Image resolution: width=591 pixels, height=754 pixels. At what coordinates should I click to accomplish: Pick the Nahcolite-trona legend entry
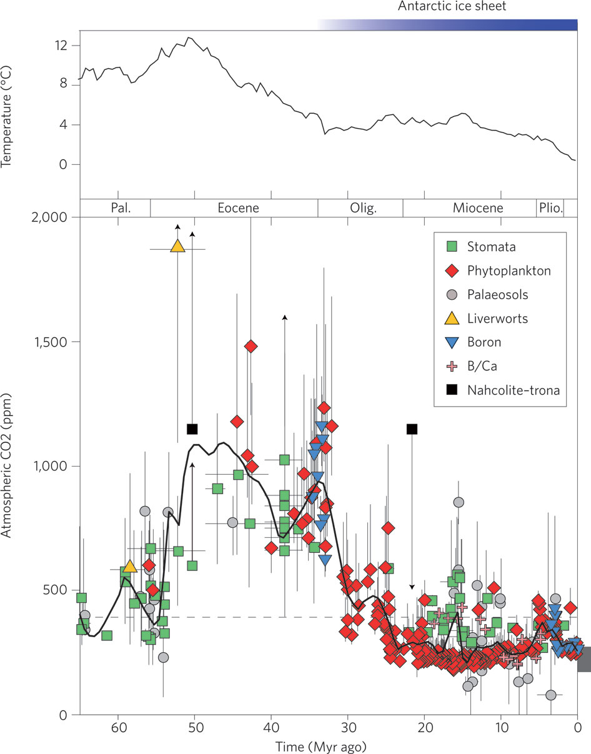(x=512, y=390)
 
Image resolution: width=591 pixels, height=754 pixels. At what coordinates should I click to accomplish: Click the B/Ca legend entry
(x=483, y=367)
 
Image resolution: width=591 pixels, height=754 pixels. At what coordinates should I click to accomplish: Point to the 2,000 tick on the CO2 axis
(x=57, y=217)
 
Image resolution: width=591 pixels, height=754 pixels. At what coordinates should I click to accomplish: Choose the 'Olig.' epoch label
(x=360, y=208)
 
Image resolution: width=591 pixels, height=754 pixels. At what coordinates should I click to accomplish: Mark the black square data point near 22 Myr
(x=412, y=429)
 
